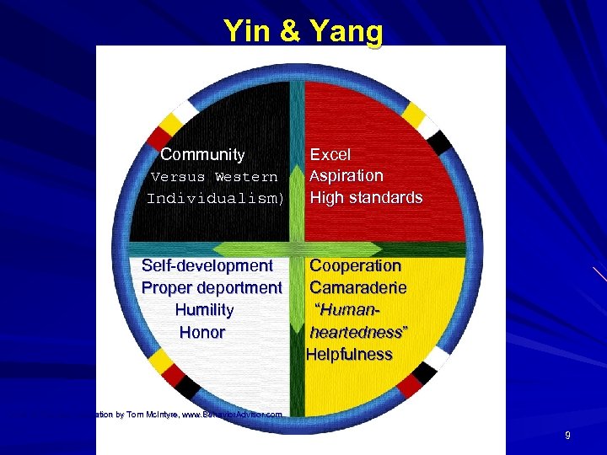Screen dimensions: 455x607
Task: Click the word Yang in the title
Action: pyautogui.click(x=346, y=31)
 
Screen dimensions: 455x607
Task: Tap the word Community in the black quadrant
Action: pyautogui.click(x=202, y=155)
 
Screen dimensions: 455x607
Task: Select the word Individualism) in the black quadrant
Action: pyautogui.click(x=216, y=199)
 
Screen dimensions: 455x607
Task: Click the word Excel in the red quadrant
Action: pyautogui.click(x=330, y=155)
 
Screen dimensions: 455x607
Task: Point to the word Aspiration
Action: pyautogui.click(x=346, y=176)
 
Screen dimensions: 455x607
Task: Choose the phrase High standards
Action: pyautogui.click(x=366, y=198)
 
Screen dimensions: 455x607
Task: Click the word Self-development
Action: pyautogui.click(x=207, y=266)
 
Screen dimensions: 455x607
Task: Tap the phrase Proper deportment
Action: pyautogui.click(x=212, y=288)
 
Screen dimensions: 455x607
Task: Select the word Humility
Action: pyautogui.click(x=204, y=310)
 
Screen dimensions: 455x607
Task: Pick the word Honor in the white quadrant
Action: pyautogui.click(x=202, y=332)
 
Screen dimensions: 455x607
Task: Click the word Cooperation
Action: pyautogui.click(x=355, y=265)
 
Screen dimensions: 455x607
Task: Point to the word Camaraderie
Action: pyautogui.click(x=357, y=288)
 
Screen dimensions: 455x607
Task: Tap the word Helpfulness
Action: pyautogui.click(x=349, y=355)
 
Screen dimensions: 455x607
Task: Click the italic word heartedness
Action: pyautogui.click(x=357, y=332)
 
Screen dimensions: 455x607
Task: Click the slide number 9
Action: pyautogui.click(x=567, y=436)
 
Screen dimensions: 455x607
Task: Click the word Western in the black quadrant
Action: pyautogui.click(x=246, y=177)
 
